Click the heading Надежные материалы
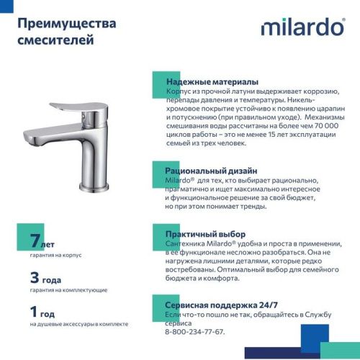click(x=212, y=82)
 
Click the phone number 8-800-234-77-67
click(x=194, y=332)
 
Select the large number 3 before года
click(x=35, y=277)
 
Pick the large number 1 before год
click(x=34, y=312)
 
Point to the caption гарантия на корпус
click(x=56, y=256)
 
